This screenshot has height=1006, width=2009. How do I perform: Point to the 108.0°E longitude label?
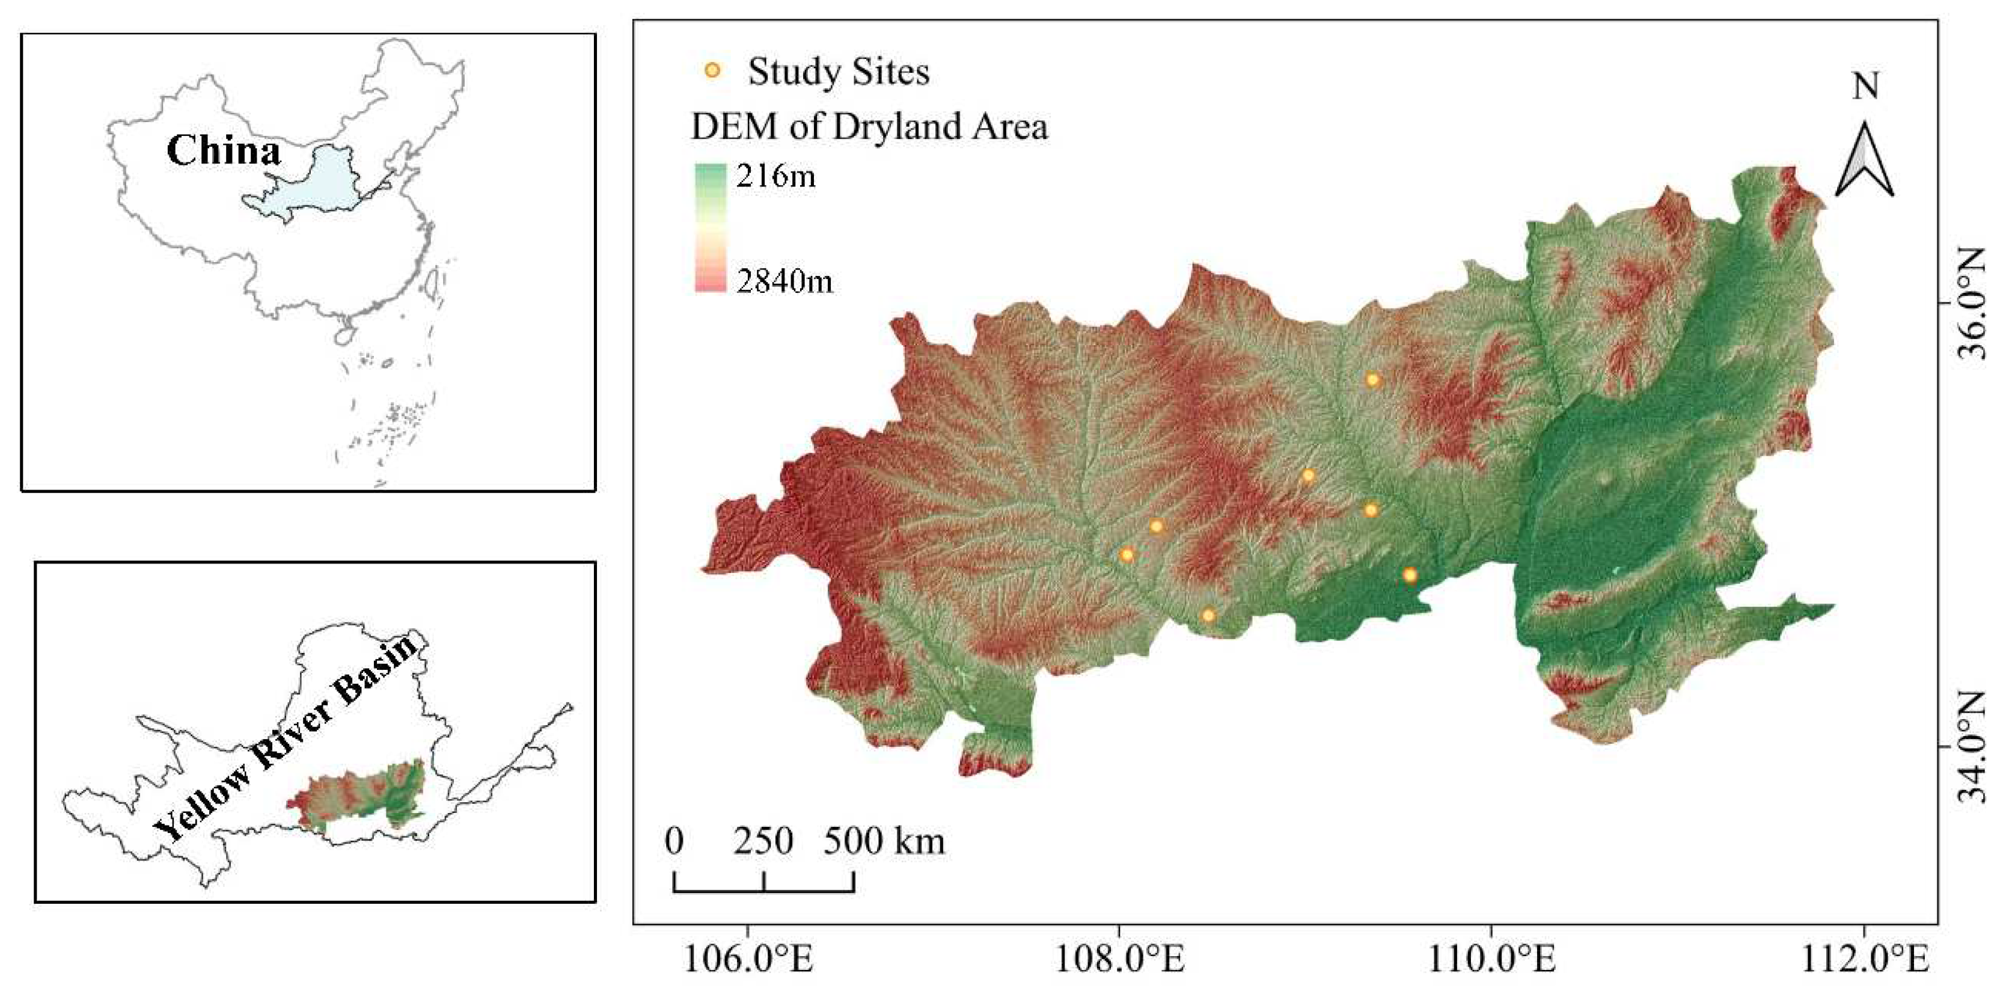pos(1119,959)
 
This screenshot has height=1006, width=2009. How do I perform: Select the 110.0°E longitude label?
pos(1491,959)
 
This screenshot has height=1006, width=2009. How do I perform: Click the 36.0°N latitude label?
pos(1973,302)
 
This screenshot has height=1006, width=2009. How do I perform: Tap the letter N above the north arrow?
pos(1865,86)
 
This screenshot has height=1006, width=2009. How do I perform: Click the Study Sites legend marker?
pos(712,71)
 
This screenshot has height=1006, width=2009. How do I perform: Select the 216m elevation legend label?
pos(775,176)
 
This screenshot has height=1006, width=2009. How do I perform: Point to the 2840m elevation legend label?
pos(784,281)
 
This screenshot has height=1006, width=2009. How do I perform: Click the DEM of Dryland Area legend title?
pos(869,126)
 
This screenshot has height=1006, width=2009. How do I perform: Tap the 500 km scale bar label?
pos(884,841)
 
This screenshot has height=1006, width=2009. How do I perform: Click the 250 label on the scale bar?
pos(763,841)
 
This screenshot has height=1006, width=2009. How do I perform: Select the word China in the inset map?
pos(223,150)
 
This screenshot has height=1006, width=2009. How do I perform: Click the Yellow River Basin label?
pos(289,737)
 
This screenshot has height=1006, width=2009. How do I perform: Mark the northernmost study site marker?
pos(1372,380)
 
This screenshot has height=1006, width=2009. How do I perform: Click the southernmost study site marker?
pos(1208,615)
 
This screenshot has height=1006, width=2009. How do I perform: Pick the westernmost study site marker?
pos(1126,554)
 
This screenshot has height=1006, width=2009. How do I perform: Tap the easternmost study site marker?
pos(1410,575)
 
